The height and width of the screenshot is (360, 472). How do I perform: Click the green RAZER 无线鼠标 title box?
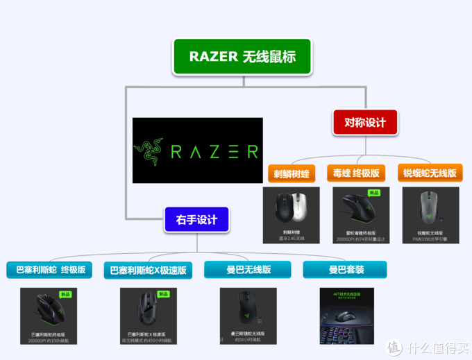(x=243, y=56)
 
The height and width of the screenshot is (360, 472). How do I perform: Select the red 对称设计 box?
(x=364, y=122)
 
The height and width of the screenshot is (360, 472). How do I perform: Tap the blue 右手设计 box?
(x=196, y=221)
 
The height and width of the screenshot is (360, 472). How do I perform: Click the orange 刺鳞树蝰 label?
(x=291, y=173)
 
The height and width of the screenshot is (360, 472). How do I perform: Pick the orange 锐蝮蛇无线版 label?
(x=430, y=173)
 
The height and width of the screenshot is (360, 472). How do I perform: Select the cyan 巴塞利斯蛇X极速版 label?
(x=149, y=270)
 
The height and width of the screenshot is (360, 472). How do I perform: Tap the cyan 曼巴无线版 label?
(x=247, y=269)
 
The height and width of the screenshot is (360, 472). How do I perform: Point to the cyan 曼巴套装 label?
(x=345, y=269)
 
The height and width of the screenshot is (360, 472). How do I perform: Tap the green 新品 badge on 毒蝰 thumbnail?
(x=374, y=193)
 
